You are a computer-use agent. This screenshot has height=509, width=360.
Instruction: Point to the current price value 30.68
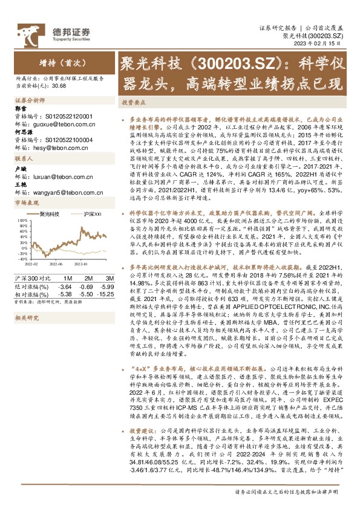tap(59, 86)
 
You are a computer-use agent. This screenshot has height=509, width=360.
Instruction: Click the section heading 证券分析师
tap(30, 99)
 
